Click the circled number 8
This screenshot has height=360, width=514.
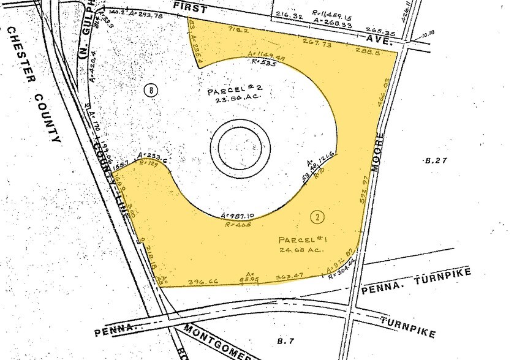coord(151,90)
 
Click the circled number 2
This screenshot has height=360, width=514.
coord(317,216)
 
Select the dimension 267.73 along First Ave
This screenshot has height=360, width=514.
coord(316,43)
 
